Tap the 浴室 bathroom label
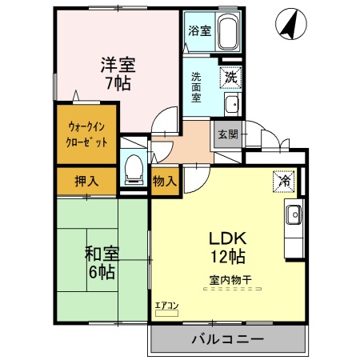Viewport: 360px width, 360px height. [x=199, y=31]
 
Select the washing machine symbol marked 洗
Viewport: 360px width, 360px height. [x=230, y=78]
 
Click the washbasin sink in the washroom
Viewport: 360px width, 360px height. [x=231, y=104]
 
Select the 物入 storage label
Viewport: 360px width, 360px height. [x=164, y=182]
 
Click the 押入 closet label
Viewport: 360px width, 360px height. [x=86, y=181]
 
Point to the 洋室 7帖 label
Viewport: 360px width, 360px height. [x=116, y=71]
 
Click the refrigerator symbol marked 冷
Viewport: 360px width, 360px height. [x=282, y=182]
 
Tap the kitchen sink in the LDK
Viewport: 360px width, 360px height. [x=293, y=214]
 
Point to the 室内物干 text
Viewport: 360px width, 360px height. [x=230, y=280]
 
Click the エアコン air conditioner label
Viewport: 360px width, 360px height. [x=166, y=305]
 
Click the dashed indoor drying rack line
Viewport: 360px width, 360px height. [x=230, y=292]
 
